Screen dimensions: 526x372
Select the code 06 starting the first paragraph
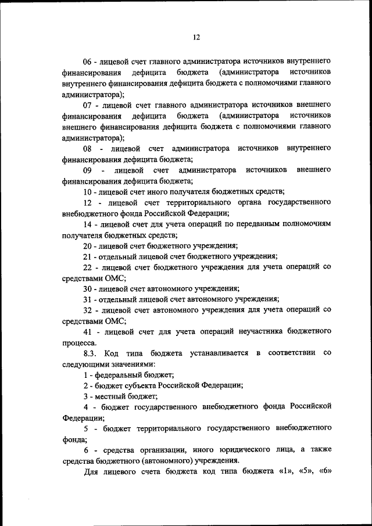click(88, 60)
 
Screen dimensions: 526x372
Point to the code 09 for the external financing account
click(88, 170)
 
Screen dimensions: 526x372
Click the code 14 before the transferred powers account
click(88, 224)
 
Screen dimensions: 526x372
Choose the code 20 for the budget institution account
click(88, 246)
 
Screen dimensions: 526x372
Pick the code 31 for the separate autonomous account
click(88, 299)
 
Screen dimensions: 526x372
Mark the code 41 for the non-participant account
click(88, 331)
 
